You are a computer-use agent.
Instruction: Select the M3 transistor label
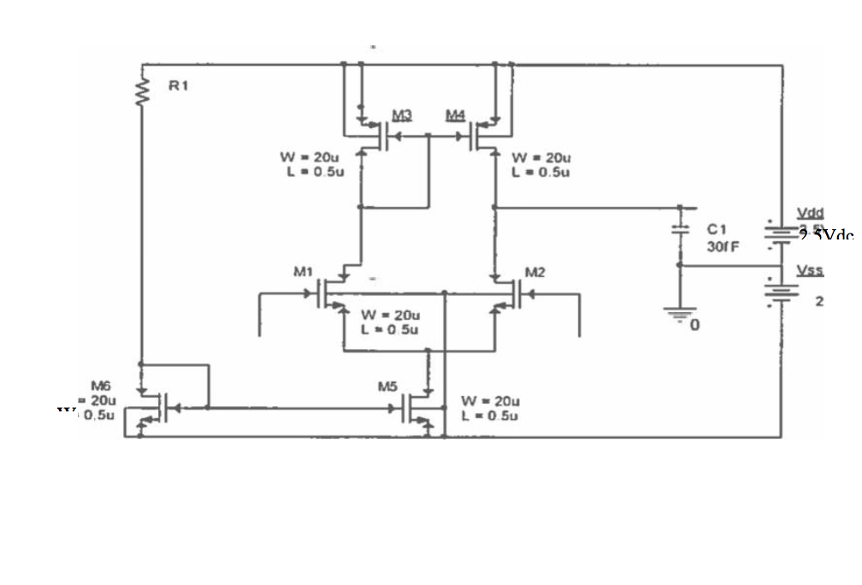coord(401,114)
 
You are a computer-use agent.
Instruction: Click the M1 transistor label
coord(302,273)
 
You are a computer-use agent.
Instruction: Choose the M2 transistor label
coord(534,273)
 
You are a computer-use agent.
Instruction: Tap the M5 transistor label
coord(388,386)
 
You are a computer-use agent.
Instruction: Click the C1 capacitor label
coord(716,229)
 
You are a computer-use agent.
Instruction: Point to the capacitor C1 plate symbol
coord(680,229)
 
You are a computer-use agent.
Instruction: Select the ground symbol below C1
coord(680,314)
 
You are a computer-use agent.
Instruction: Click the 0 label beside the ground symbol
coord(695,326)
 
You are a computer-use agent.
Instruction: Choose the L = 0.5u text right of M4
coord(540,172)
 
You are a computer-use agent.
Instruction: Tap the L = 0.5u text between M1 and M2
coord(390,329)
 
